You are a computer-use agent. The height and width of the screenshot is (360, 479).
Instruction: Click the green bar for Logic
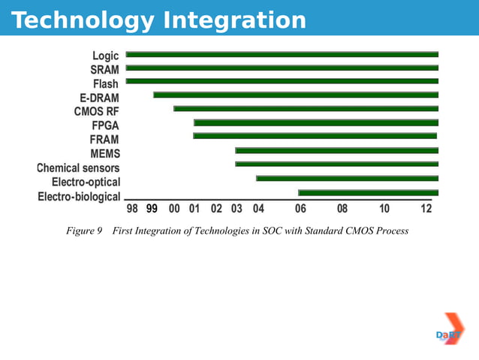tap(282, 55)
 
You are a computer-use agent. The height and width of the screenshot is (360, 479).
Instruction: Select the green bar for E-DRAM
tap(296, 95)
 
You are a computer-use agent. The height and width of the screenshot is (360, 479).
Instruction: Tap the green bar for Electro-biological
tap(368, 193)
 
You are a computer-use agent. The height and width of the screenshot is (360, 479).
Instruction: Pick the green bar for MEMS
tap(336, 150)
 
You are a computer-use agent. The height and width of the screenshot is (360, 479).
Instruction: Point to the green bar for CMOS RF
tap(306, 109)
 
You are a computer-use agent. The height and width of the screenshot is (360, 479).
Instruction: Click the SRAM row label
tap(104, 69)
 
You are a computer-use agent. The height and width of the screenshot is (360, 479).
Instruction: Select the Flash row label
tap(106, 83)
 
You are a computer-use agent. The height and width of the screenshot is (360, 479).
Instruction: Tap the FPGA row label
tap(105, 125)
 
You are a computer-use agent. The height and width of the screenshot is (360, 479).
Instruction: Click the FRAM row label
tap(104, 139)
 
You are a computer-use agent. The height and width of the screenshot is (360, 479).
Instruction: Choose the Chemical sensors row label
tap(78, 168)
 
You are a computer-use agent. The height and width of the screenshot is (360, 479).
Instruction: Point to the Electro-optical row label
tap(86, 182)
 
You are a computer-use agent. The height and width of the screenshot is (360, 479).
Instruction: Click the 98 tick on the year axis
tap(131, 209)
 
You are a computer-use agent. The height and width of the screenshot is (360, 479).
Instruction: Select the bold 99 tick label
tap(152, 209)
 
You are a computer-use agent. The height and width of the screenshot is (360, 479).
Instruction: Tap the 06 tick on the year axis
tap(300, 209)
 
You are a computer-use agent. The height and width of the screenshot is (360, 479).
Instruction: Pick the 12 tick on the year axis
tap(426, 209)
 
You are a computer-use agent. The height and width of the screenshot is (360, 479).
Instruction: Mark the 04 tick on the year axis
tap(258, 209)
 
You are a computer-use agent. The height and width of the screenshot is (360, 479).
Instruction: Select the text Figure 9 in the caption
tap(84, 231)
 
